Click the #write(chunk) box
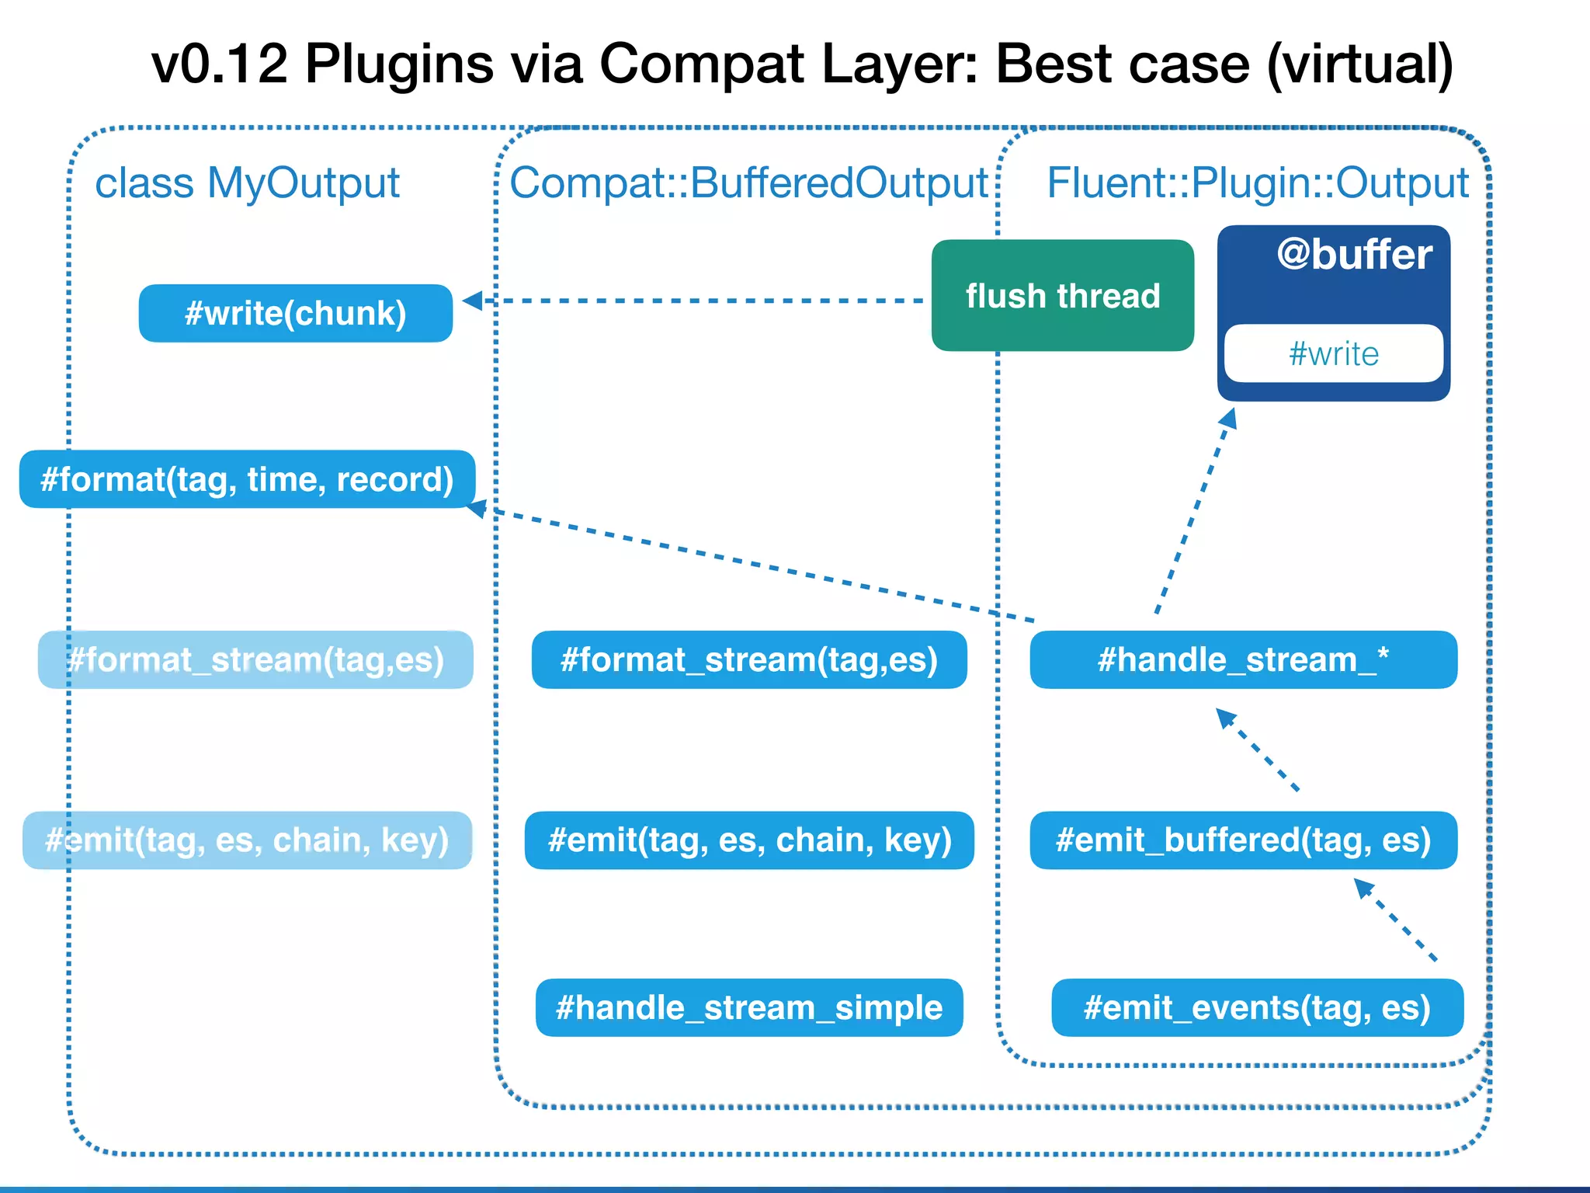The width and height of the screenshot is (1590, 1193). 295,313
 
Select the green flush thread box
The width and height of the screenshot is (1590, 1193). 1062,296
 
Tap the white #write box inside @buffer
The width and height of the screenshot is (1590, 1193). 1333,353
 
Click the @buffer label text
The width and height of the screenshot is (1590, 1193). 1354,255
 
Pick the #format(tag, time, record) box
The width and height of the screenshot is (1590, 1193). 247,479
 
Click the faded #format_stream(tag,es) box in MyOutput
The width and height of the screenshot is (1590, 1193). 255,659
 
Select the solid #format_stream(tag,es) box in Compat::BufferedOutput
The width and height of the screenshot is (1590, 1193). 749,659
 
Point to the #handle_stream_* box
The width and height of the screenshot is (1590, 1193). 1243,659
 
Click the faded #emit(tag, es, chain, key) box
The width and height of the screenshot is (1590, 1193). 247,840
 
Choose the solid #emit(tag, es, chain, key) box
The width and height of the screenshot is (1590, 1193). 749,840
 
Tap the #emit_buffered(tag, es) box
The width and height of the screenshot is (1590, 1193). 1243,840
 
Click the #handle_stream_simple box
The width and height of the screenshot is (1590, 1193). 749,1007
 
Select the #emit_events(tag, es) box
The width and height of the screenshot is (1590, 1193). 1257,1007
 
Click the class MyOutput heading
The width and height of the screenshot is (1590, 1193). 247,183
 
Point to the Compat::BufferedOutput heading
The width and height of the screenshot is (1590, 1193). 748,183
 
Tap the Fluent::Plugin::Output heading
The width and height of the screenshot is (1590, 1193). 1258,183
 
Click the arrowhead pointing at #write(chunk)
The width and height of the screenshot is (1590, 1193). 472,301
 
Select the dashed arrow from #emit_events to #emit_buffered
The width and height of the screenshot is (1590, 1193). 1396,920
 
